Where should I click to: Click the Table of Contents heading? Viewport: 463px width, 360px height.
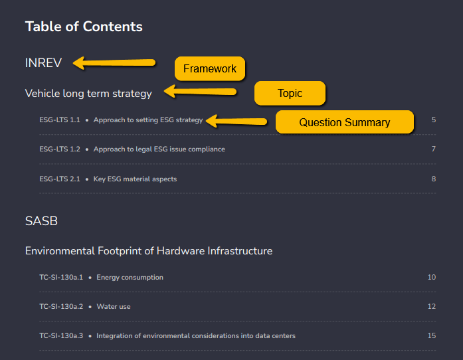point(84,27)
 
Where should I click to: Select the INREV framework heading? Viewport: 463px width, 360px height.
point(43,63)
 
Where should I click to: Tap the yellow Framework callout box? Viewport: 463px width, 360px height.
point(210,68)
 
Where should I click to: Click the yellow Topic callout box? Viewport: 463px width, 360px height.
point(290,94)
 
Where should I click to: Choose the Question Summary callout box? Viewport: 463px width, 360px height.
point(345,122)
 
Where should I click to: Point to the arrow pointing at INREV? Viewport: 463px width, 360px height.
point(114,63)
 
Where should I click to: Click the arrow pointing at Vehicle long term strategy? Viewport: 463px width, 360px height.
point(200,92)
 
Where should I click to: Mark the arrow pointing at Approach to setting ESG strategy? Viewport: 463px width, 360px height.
point(236,121)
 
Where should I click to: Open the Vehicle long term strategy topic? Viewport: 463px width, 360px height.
point(88,94)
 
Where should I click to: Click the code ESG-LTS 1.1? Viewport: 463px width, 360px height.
point(60,120)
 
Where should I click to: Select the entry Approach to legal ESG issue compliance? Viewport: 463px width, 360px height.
point(159,149)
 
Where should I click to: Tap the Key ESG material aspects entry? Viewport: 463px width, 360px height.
point(135,179)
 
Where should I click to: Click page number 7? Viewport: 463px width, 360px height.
point(434,149)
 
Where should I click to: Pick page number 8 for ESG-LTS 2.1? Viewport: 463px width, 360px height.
point(434,179)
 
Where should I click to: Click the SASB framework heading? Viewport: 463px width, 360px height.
point(41,221)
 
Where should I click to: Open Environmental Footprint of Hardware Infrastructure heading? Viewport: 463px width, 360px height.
point(149,251)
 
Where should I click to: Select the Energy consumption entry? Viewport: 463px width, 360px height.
point(130,278)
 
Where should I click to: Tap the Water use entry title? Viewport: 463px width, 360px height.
point(114,307)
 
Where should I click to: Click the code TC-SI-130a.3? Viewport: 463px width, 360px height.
point(61,336)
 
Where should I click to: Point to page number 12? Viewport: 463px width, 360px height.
point(432,306)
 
